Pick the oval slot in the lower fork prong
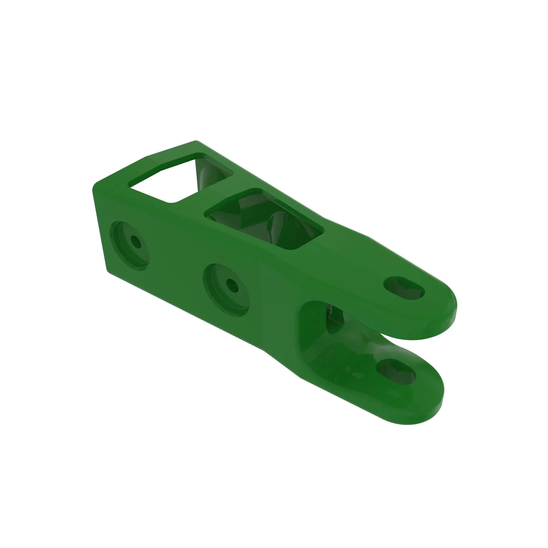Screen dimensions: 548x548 click(x=396, y=372)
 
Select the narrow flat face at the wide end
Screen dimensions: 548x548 click(x=99, y=227)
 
